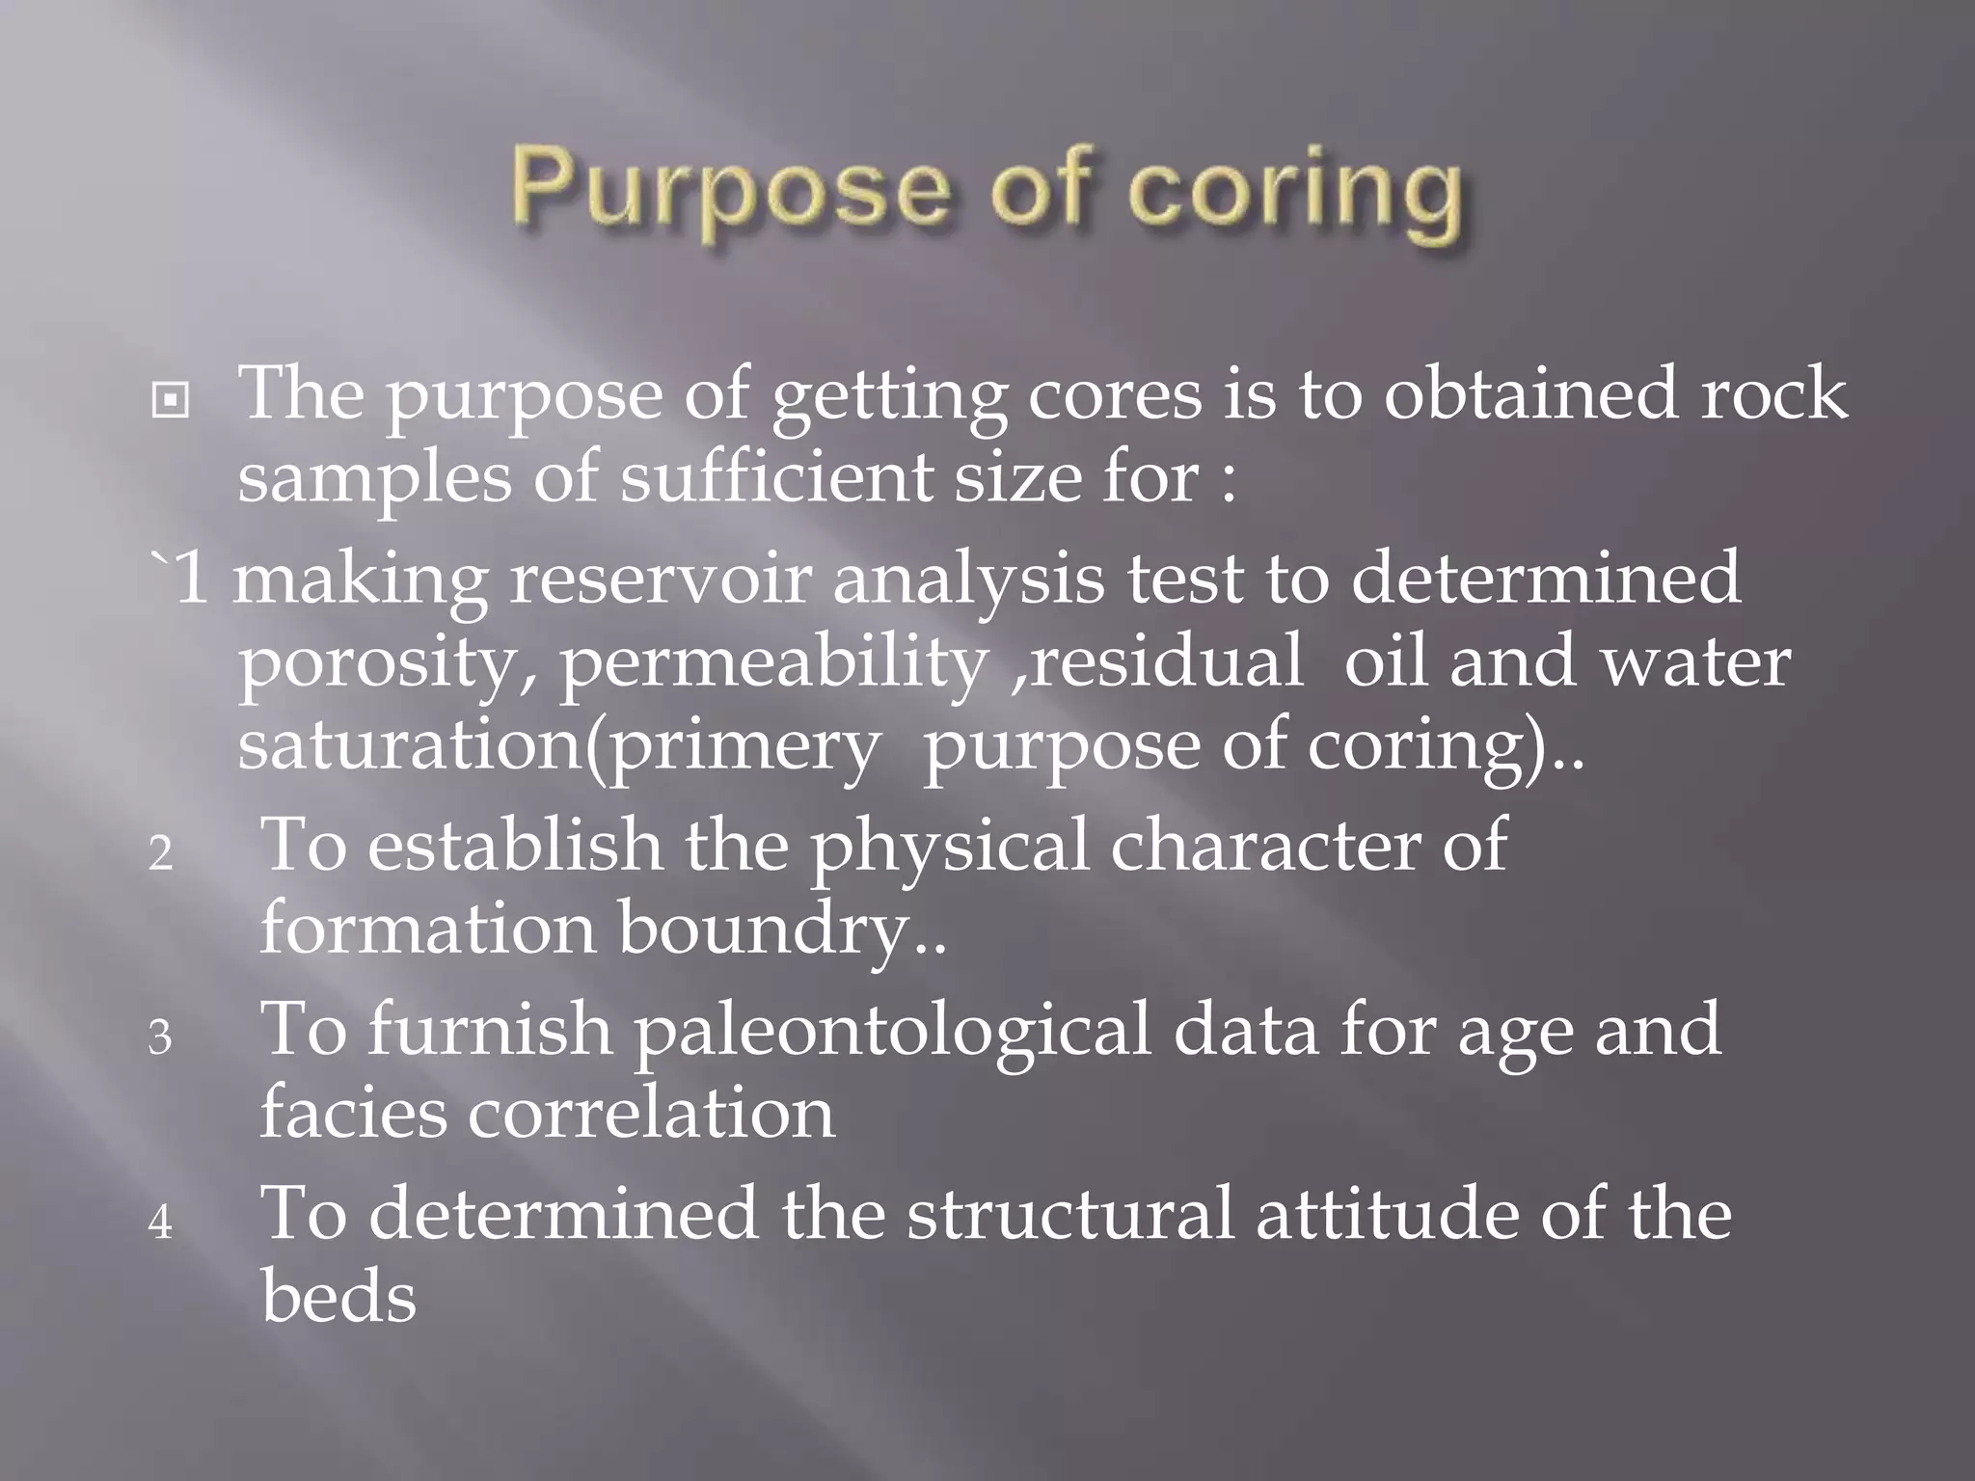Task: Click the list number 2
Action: [x=161, y=853]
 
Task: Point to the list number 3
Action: [x=160, y=1037]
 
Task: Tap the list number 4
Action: [x=161, y=1223]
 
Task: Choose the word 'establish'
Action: [x=515, y=844]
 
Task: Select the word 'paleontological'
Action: [x=892, y=1029]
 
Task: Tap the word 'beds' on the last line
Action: [x=338, y=1297]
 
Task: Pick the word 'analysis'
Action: [x=968, y=579]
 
